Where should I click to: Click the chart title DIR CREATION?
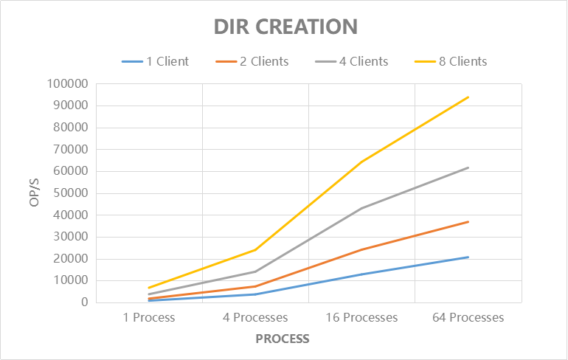(285, 27)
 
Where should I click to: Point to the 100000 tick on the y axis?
(67, 83)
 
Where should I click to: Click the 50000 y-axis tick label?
(70, 193)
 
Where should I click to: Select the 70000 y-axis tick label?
(70, 149)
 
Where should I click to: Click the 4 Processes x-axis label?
(256, 318)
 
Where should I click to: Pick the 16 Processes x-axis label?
(361, 318)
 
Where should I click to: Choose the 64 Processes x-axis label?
(468, 318)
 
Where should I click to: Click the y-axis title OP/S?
(35, 193)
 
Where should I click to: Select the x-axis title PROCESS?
(283, 339)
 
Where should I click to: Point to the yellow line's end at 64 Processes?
(468, 97)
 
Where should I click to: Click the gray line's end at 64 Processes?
(468, 167)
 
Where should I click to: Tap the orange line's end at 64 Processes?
(468, 221)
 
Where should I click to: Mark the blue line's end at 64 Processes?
(468, 257)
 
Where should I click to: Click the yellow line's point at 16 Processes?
(362, 162)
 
